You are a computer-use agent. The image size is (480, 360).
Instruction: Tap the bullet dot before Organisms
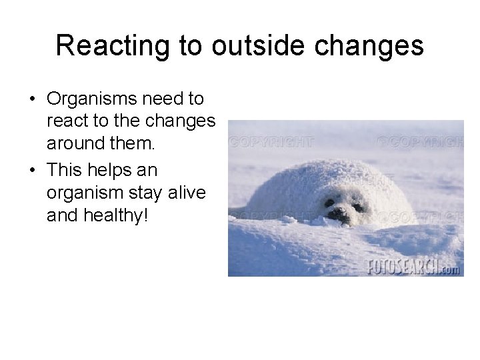(32, 100)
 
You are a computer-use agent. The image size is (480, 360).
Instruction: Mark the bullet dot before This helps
(32, 171)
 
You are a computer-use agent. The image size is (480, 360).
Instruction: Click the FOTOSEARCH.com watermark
(413, 267)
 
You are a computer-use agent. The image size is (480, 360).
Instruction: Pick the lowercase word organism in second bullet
(83, 193)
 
